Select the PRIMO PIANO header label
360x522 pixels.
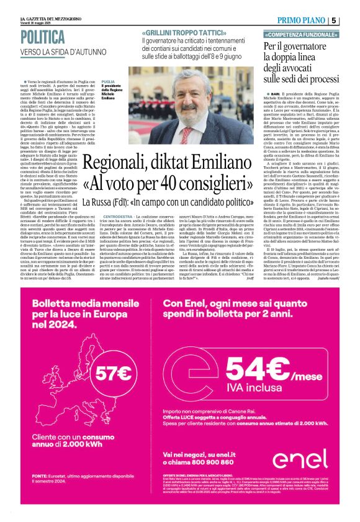[x=304, y=20]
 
